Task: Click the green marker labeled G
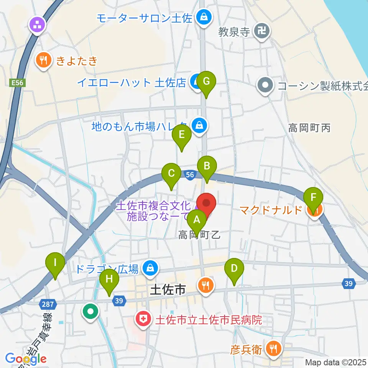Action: pyautogui.click(x=206, y=81)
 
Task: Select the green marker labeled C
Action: pyautogui.click(x=171, y=173)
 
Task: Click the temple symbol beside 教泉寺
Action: pyautogui.click(x=263, y=31)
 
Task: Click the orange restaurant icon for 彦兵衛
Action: pyautogui.click(x=274, y=349)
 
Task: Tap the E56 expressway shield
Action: pyautogui.click(x=17, y=82)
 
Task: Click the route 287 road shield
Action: pyautogui.click(x=48, y=304)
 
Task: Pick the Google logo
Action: pyautogui.click(x=26, y=359)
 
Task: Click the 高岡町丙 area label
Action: pyautogui.click(x=309, y=128)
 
